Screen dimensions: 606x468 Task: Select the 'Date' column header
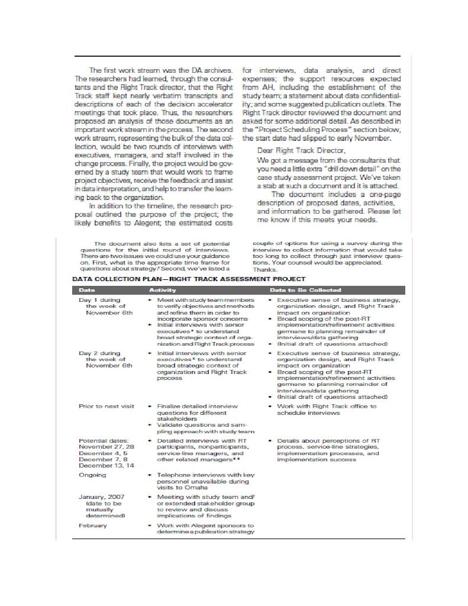tap(86, 290)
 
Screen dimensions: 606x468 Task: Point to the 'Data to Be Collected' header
tap(305, 290)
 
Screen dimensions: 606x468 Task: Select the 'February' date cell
tap(93, 525)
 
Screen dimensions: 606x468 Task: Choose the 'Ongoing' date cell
tap(92, 475)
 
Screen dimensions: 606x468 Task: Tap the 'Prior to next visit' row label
tap(106, 406)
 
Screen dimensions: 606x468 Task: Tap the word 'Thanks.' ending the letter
tap(264, 269)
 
